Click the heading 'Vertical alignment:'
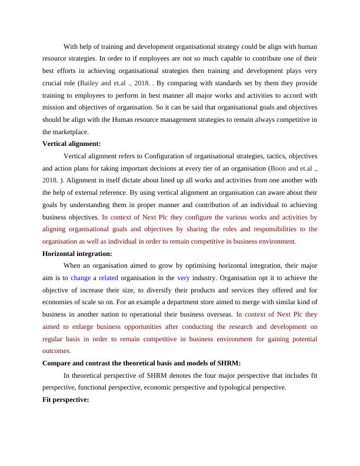71,144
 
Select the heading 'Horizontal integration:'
77,254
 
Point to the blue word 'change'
81,277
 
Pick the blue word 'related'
108,277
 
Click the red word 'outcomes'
56,350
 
